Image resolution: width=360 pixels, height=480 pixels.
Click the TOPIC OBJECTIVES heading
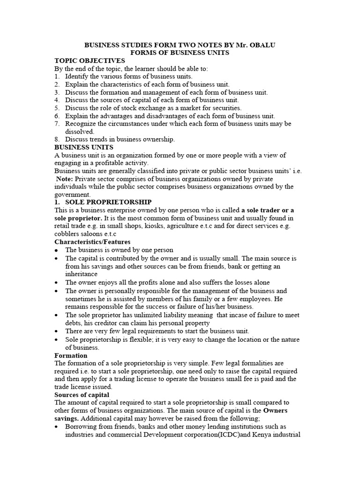[x=90, y=60]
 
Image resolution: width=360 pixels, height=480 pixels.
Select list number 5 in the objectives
[x=57, y=108]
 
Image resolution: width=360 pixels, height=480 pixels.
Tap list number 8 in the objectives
[x=57, y=139]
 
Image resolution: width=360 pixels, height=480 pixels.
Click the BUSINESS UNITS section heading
[x=84, y=147]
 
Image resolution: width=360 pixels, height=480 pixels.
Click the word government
[x=73, y=195]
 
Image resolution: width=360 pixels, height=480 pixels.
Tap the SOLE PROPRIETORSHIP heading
[x=108, y=202]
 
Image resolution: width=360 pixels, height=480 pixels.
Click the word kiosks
[x=141, y=226]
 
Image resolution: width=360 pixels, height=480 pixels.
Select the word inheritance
[x=82, y=274]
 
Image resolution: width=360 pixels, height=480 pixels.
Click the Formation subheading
[x=71, y=355]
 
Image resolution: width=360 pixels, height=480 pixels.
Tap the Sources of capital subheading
[x=82, y=395]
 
